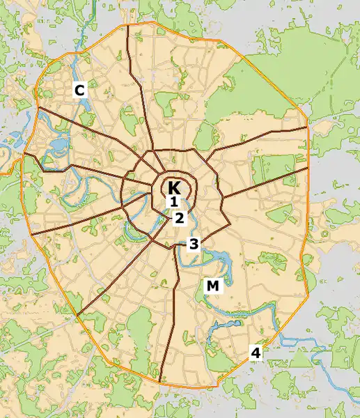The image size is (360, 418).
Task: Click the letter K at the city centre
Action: [174, 187]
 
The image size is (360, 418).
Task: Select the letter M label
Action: [212, 286]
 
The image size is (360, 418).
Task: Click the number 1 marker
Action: [175, 203]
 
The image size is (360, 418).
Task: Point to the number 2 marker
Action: [180, 217]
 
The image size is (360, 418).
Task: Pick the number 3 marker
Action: [194, 244]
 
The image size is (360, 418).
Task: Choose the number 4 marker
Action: [256, 353]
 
